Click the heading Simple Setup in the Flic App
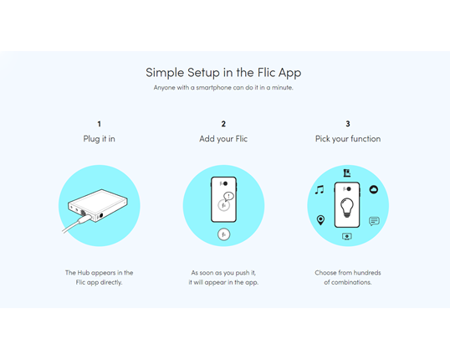(223, 73)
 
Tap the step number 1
(99, 124)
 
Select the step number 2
(223, 124)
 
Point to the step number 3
(348, 124)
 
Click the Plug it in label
(99, 139)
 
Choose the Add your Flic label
(223, 139)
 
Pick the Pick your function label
(348, 139)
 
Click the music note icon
(320, 190)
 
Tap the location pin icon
(320, 220)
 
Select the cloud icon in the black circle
(374, 189)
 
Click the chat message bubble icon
(374, 221)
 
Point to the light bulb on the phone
(347, 208)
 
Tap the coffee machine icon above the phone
(347, 173)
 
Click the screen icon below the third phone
(347, 236)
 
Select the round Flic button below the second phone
(223, 234)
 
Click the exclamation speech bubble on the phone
(228, 197)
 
